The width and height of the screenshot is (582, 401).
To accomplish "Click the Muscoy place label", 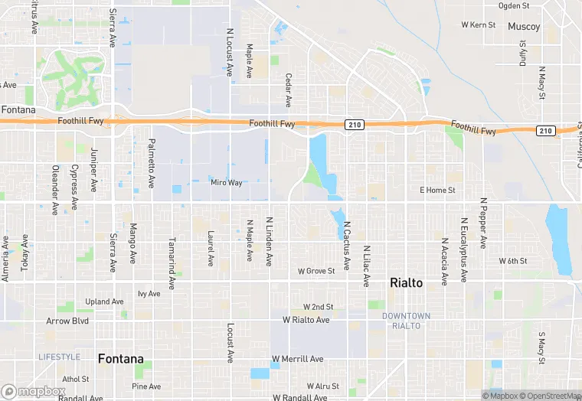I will point(524,27).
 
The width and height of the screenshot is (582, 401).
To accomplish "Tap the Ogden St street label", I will point(535,5).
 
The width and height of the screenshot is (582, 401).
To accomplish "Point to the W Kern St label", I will point(479,25).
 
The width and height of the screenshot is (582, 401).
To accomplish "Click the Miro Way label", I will point(227,183).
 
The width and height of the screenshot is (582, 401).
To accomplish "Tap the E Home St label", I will point(437,190).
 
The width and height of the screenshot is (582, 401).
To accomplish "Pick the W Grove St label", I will point(316,271).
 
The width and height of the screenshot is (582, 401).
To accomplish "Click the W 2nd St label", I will point(318,306).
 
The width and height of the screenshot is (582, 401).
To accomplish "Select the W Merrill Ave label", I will point(298,359).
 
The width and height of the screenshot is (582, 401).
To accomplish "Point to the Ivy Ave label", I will point(149,293).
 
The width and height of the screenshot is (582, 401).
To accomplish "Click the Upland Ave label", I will point(104,302).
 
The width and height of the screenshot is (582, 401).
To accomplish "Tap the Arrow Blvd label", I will point(67,321).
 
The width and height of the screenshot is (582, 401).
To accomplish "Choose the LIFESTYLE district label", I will point(59,357).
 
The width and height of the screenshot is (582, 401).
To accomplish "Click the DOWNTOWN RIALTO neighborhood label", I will point(407,321).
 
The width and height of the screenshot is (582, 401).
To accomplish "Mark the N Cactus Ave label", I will point(347,243).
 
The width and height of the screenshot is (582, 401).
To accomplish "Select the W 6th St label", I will point(513,261).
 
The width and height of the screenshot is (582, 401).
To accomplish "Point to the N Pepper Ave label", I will point(483,223).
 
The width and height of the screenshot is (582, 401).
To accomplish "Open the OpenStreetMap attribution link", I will point(548,396).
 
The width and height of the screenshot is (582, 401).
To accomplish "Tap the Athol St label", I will point(76,379).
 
